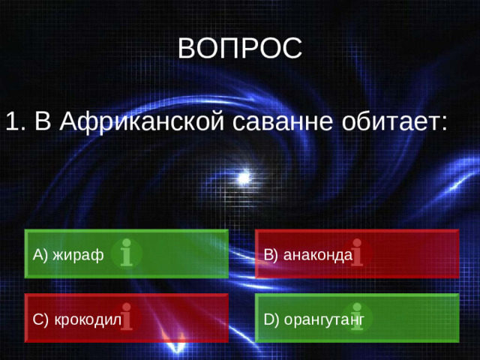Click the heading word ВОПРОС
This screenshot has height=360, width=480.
pos(240,48)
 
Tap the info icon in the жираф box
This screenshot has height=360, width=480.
pos(127,253)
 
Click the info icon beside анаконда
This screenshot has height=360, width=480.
pos(357,253)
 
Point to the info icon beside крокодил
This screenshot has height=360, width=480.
pos(127,317)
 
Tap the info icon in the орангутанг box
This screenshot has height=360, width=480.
pos(358,317)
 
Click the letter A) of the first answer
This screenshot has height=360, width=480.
pos(40,255)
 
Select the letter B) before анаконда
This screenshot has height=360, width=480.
pos(271,255)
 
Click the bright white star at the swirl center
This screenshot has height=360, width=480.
pos(244,178)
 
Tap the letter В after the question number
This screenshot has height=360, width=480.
pos(43,121)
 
